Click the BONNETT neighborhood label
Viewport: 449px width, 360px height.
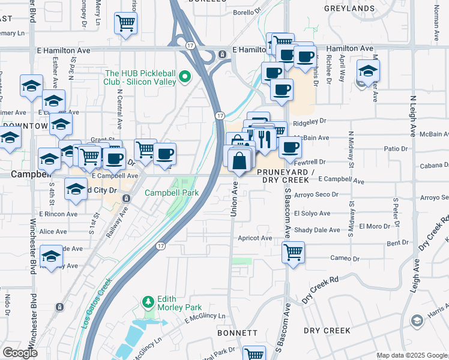(237, 332)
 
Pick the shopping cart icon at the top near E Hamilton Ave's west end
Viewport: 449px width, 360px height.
(126, 23)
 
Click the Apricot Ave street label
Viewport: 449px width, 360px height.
(255, 238)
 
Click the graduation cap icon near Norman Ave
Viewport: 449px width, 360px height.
(368, 71)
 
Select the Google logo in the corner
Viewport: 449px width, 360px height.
(20, 353)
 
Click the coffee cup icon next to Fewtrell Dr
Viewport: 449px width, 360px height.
(291, 147)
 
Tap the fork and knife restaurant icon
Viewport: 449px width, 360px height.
(264, 139)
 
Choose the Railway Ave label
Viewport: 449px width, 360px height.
(119, 222)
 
